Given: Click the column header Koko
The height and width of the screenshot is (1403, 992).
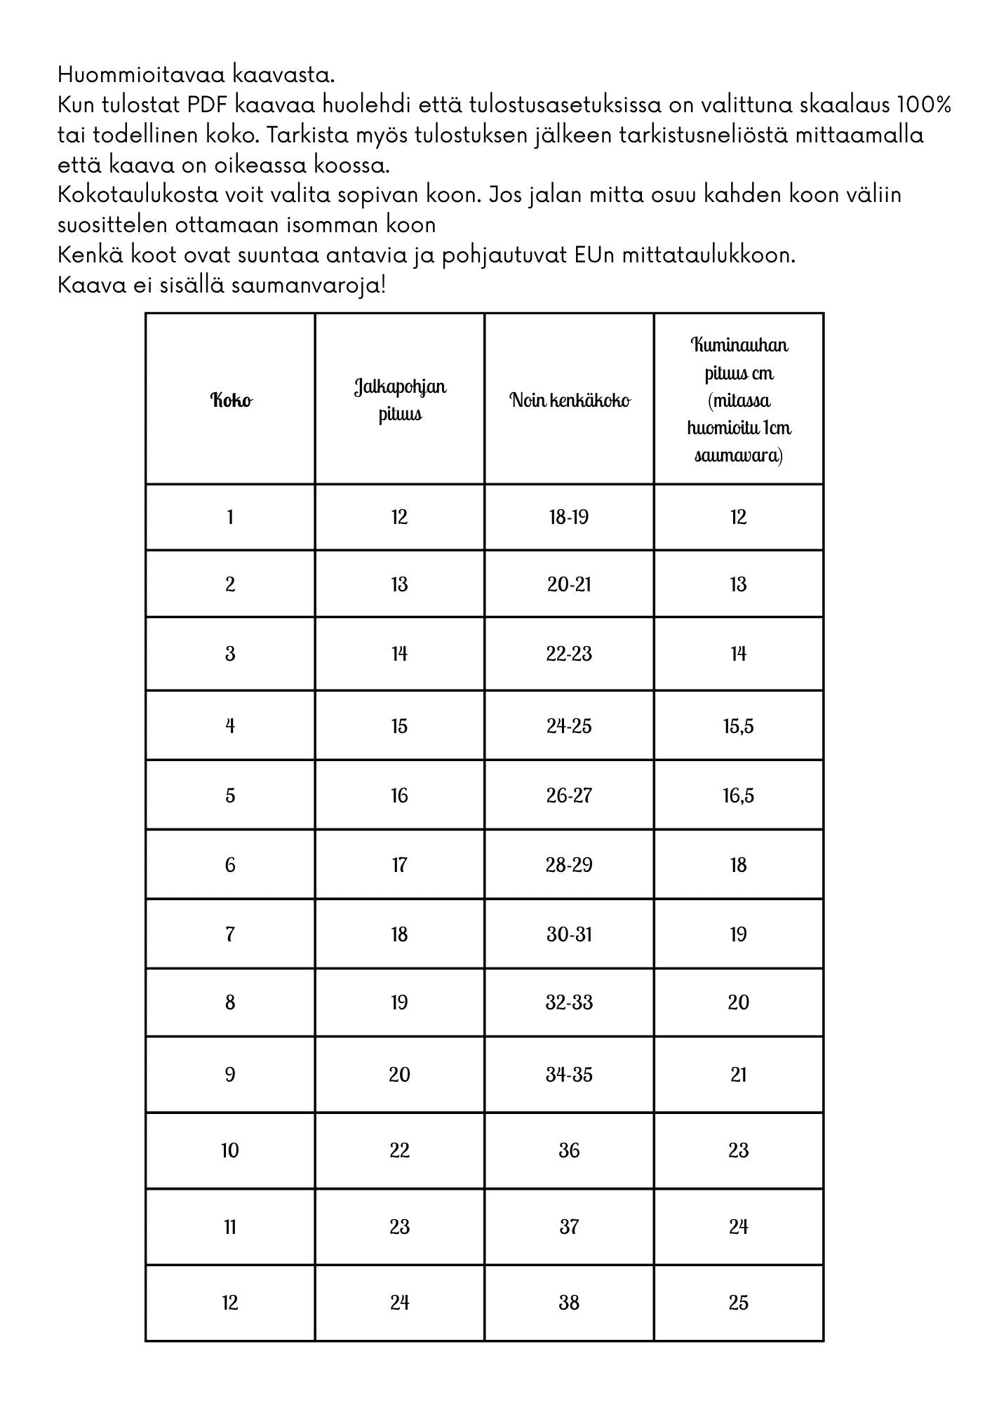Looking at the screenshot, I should pos(231,401).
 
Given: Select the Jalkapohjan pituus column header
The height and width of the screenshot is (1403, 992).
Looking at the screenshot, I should pos(399,400).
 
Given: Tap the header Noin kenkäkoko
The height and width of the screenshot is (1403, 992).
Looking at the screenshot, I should pos(569,401).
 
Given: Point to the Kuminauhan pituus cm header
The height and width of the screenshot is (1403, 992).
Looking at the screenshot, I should pos(739,400).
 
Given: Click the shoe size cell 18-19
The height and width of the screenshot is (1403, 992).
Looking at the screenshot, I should pos(569,518).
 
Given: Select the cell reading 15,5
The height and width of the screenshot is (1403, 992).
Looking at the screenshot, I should pos(739,726).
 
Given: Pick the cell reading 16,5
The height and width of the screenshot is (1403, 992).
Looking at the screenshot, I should pos(739,796).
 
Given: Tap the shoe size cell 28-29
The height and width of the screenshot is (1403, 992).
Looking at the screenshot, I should pos(569,865).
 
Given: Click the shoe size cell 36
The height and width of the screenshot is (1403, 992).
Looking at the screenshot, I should pos(569,1150).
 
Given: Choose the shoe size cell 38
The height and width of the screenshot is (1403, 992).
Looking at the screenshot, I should pos(569,1303).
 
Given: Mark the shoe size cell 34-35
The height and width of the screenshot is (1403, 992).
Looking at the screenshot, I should pos(569,1075).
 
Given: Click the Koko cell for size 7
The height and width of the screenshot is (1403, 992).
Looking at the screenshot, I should pos(230,934).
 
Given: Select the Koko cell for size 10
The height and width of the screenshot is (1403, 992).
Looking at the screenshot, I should pos(230,1150).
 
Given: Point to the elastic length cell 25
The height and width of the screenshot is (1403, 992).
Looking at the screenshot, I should pos(739,1303).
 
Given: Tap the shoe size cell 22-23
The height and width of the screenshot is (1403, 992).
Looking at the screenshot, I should pos(569,654).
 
